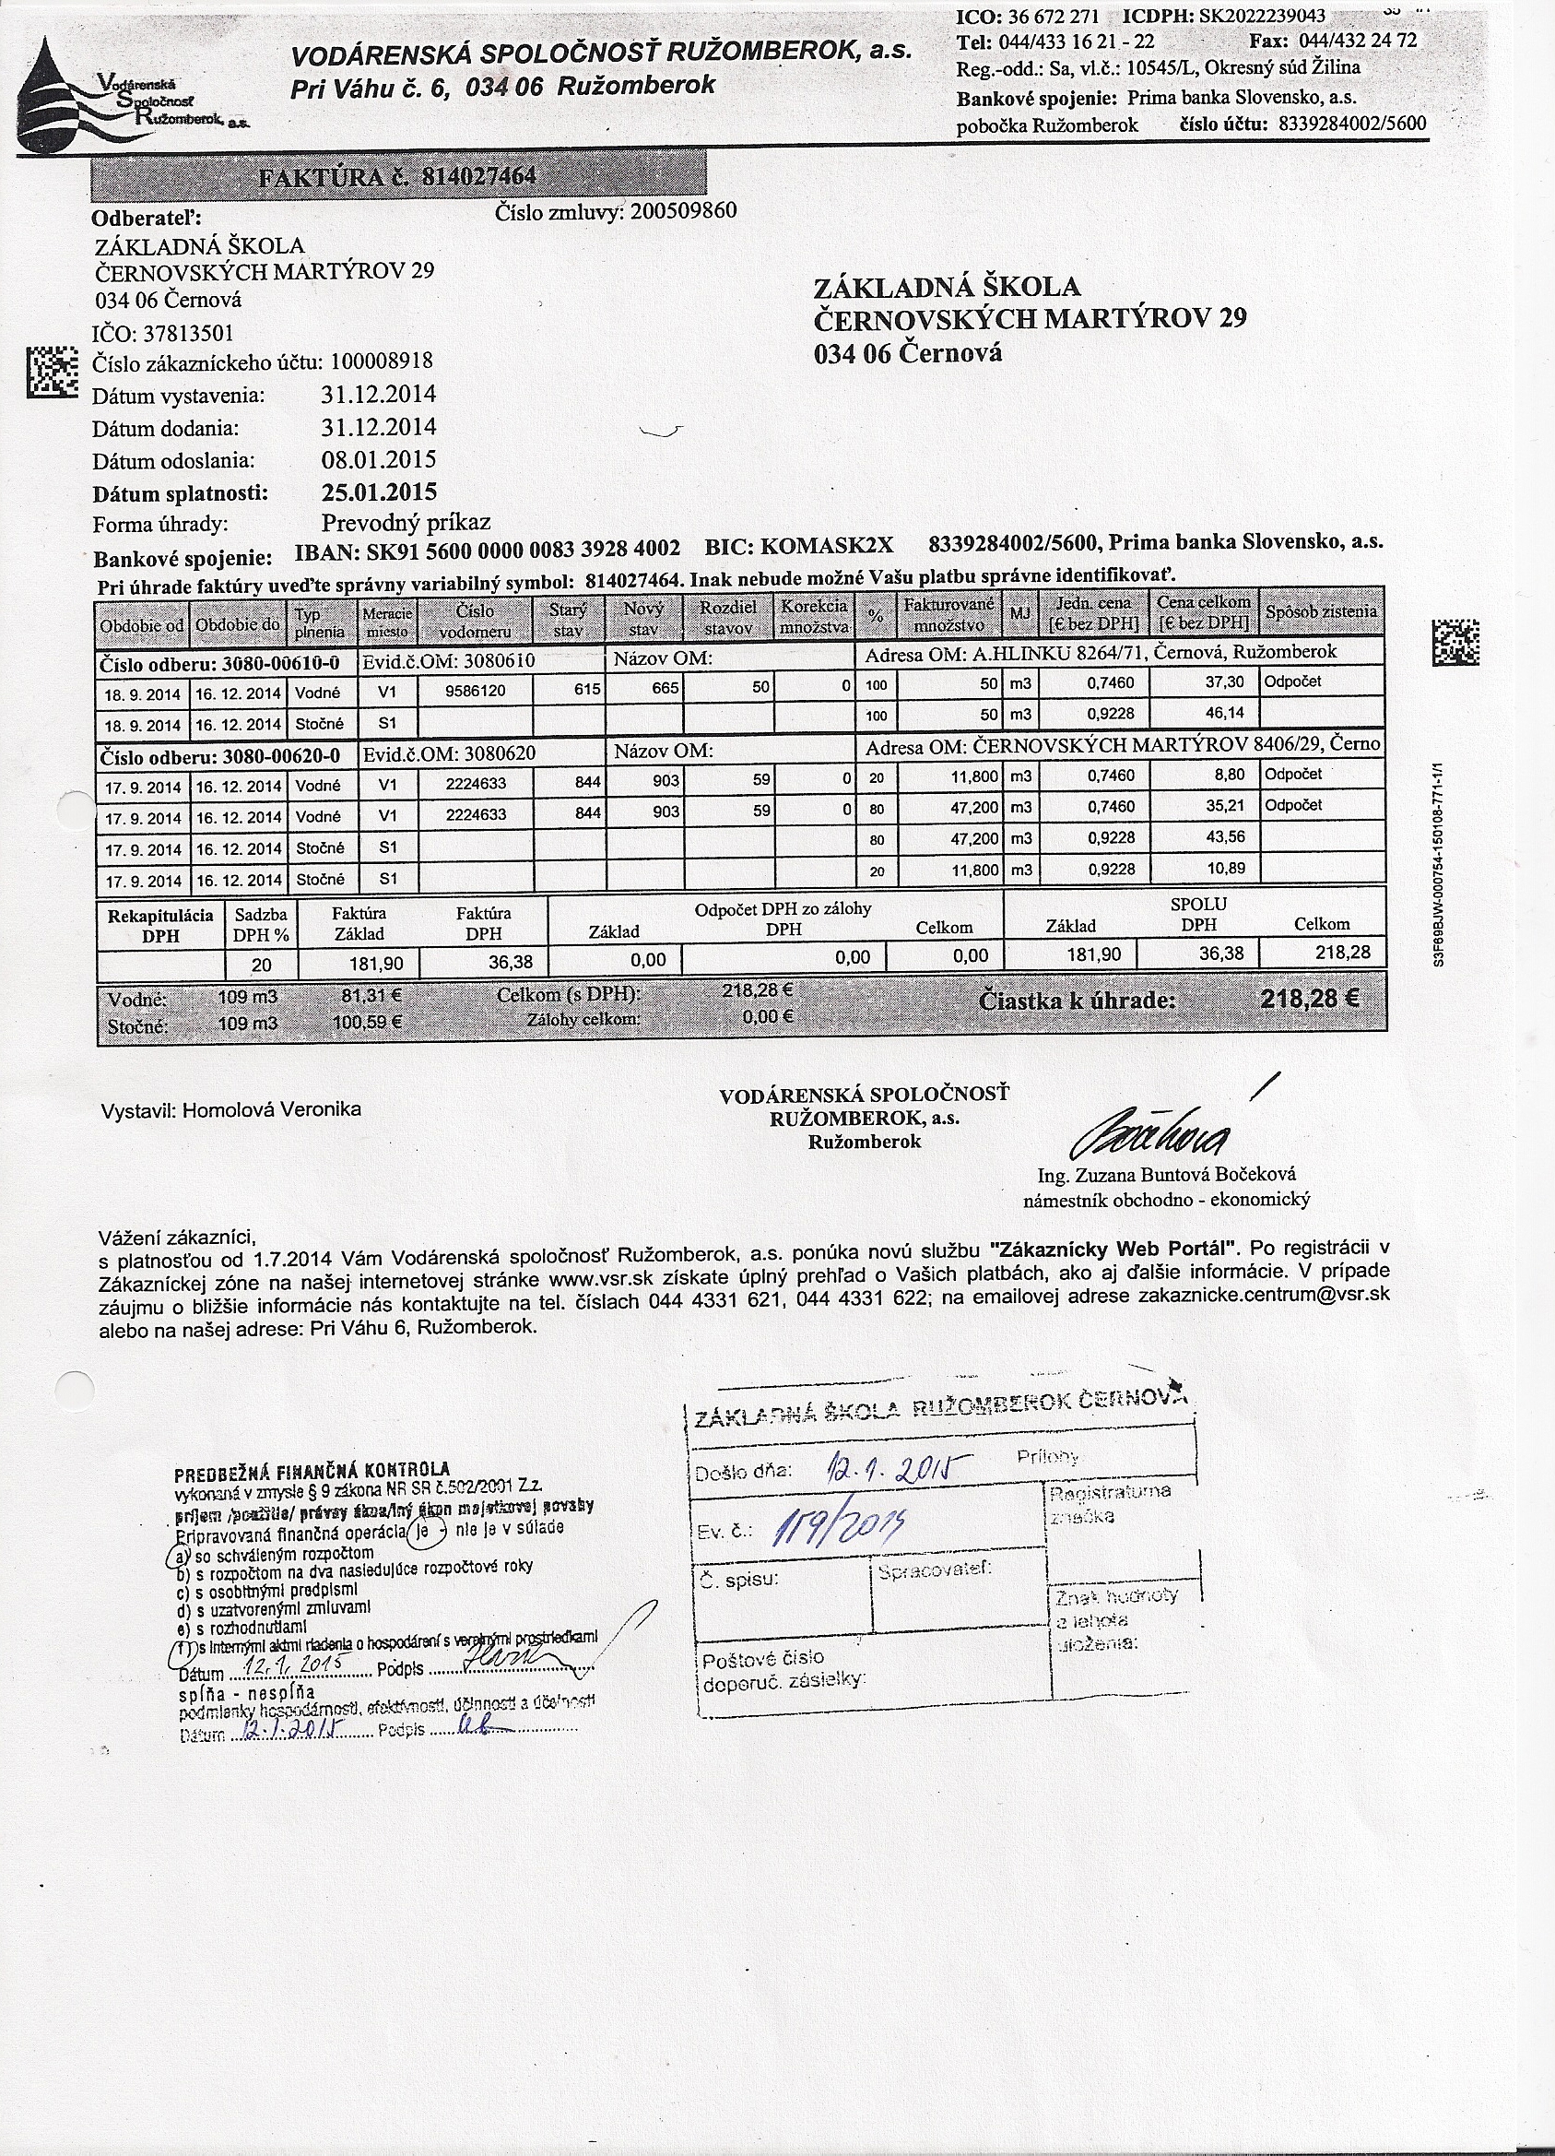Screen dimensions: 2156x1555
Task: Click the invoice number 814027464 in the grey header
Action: coord(478,177)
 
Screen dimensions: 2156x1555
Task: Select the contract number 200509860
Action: coord(682,210)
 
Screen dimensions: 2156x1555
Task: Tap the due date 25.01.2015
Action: coord(379,492)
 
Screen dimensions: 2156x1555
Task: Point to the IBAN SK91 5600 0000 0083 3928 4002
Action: coord(488,549)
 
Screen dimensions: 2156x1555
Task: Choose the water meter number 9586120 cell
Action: coord(476,691)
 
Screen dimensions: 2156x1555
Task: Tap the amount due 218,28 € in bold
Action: coord(1310,999)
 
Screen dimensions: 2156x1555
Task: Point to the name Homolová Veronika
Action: coord(272,1109)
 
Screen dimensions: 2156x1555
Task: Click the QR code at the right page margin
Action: coord(1455,642)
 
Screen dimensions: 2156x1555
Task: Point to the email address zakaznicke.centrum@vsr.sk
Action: coord(1264,1295)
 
